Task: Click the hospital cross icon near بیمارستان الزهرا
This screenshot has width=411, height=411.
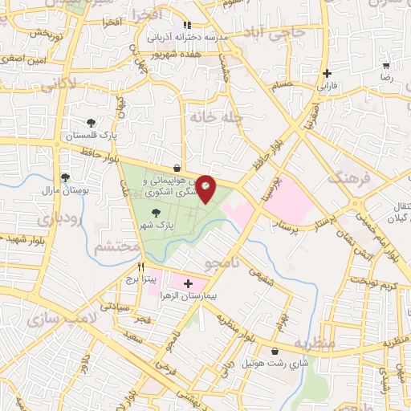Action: click(189, 283)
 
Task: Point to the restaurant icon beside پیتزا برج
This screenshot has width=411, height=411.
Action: click(140, 267)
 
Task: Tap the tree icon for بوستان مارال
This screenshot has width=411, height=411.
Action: click(64, 177)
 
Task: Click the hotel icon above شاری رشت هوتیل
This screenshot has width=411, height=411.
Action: click(276, 352)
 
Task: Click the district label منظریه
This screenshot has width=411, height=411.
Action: click(312, 344)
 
